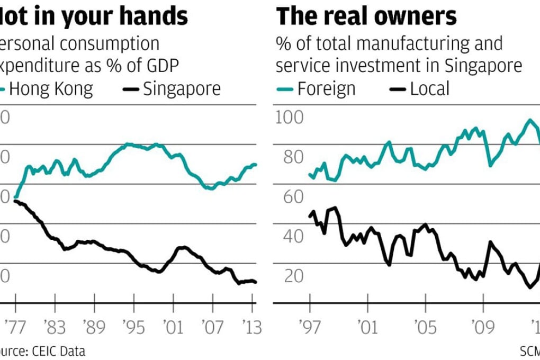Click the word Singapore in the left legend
pyautogui.click(x=182, y=88)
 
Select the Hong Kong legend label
pyautogui.click(x=51, y=88)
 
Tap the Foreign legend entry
pyautogui.click(x=326, y=88)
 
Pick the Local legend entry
pyautogui.click(x=429, y=88)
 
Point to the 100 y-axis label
pyautogui.click(x=290, y=118)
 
